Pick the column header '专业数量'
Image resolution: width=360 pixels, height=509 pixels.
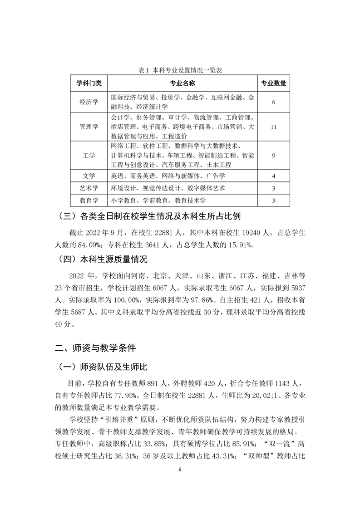click(x=273, y=83)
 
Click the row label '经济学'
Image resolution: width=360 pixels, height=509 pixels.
click(x=89, y=102)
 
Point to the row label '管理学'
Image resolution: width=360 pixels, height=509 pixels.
click(x=89, y=127)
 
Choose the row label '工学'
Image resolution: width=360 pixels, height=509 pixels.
click(x=89, y=155)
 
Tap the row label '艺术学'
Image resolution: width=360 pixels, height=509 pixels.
click(x=89, y=188)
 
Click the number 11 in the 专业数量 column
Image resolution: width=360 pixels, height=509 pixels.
click(x=273, y=127)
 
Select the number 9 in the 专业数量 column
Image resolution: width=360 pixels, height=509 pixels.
click(x=274, y=155)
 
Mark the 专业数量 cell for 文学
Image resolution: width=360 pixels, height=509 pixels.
click(x=274, y=176)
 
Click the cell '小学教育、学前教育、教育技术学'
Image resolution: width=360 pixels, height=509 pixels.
click(x=161, y=200)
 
